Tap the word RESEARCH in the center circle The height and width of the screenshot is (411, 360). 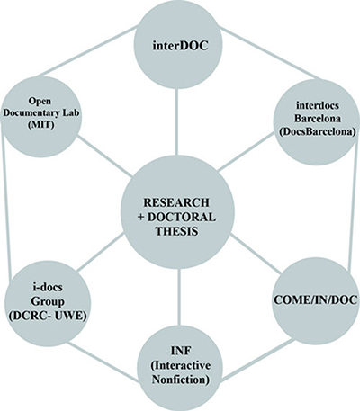(176, 202)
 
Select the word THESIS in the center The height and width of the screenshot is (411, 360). (176, 232)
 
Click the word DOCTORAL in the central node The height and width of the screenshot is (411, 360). (182, 218)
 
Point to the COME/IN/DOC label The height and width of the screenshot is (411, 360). (316, 299)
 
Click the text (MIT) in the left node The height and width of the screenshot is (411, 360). (41, 125)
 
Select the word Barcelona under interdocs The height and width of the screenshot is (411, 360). (318, 119)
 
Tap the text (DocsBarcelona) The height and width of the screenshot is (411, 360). (315, 131)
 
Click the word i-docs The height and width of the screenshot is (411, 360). (48, 287)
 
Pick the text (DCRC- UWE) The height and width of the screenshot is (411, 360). (48, 316)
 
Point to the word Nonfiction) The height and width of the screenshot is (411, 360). (181, 380)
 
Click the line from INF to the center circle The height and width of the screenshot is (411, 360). (179, 297)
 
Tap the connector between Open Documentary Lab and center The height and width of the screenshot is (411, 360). (104, 156)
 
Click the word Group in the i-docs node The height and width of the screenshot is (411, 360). (48, 301)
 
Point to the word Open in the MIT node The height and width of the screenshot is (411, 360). (40, 102)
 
